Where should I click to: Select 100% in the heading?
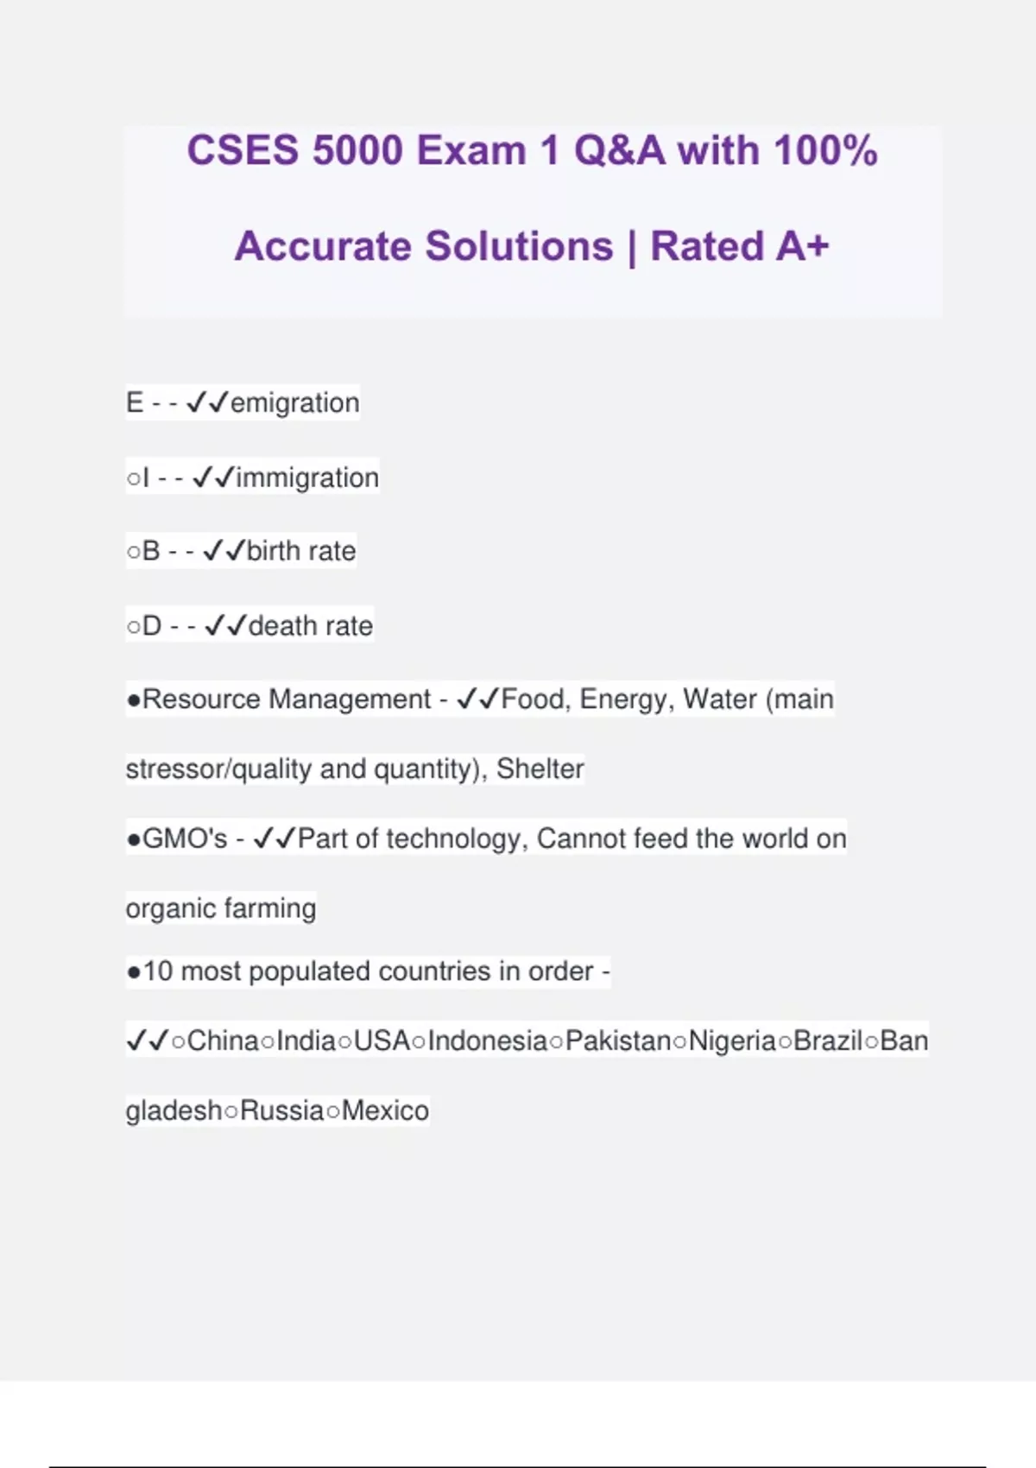click(825, 151)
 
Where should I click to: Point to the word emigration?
click(294, 403)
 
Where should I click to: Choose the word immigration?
click(306, 478)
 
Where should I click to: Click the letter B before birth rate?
click(151, 551)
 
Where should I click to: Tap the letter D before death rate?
click(152, 626)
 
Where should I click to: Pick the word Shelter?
click(540, 769)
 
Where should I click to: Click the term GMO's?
click(185, 838)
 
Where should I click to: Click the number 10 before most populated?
click(158, 971)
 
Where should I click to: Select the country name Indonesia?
click(488, 1041)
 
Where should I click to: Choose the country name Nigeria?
click(732, 1041)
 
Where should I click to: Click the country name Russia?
click(282, 1110)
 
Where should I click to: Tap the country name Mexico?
click(385, 1110)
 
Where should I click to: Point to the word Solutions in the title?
click(519, 246)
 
